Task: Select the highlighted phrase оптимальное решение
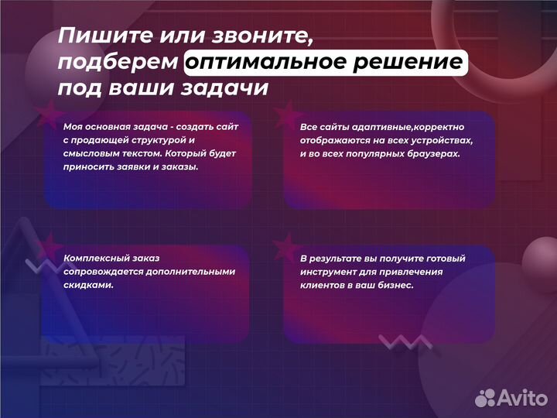326,63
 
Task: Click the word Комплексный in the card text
94,258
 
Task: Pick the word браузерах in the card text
432,153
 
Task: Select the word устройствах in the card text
441,139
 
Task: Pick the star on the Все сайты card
286,113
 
